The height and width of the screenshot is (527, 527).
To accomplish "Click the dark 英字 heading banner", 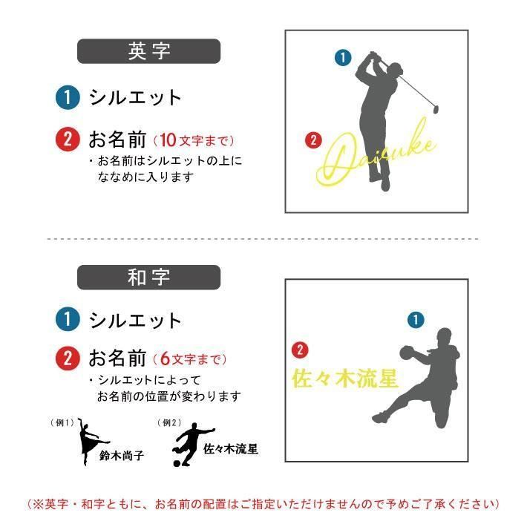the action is coord(149,51).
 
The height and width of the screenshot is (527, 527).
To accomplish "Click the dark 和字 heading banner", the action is coord(149,278).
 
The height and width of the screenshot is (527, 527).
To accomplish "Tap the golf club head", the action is coord(436,110).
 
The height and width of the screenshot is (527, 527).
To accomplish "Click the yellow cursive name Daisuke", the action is coord(376,154).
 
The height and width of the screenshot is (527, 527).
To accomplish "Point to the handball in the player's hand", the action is coord(408,353).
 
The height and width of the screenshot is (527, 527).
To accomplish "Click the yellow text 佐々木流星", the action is coord(345,379).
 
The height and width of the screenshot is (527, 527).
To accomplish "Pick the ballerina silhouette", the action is coord(90,441).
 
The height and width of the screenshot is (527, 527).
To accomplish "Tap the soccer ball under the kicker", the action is coord(177,463).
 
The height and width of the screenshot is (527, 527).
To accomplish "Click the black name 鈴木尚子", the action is coord(122,456).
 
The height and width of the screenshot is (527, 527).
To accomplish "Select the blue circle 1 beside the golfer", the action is coord(343,57).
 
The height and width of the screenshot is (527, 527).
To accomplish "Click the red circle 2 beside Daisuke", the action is coord(313,140).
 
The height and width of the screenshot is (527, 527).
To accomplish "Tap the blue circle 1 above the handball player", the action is coord(416,320).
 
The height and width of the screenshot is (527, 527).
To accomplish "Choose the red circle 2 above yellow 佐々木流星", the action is coord(300,350).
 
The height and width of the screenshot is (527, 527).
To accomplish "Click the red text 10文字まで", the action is coord(194,140).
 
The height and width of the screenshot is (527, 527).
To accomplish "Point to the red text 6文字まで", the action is coord(190,359).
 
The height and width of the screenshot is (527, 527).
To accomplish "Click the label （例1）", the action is coord(62,422).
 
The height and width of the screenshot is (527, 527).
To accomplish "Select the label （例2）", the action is coord(169,422).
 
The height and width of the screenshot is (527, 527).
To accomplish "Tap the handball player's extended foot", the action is coord(379,417).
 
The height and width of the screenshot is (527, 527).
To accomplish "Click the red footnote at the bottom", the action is coord(263,504).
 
